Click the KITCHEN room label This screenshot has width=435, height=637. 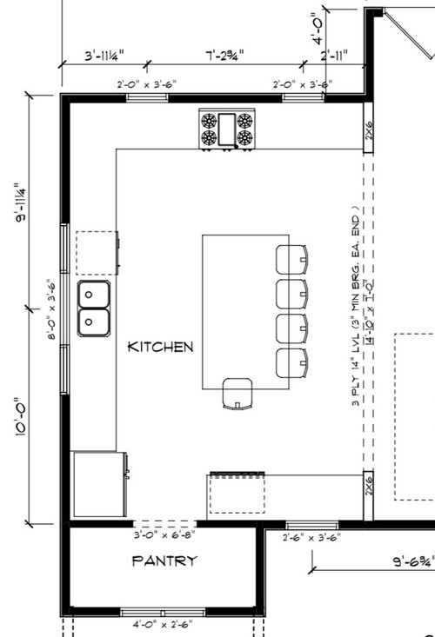click(x=161, y=347)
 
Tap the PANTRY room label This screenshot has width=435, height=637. click(x=164, y=561)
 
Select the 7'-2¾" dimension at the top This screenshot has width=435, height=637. click(x=224, y=55)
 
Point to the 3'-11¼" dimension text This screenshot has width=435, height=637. click(x=104, y=55)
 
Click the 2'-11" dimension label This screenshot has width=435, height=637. click(x=334, y=55)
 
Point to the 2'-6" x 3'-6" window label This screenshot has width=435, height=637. click(x=311, y=538)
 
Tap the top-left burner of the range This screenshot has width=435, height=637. click(x=210, y=121)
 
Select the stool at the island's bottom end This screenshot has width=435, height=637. click(x=236, y=393)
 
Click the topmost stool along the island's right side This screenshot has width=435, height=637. click(x=292, y=258)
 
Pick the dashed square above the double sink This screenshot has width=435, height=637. click(x=96, y=252)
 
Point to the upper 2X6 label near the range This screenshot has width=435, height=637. click(x=368, y=129)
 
